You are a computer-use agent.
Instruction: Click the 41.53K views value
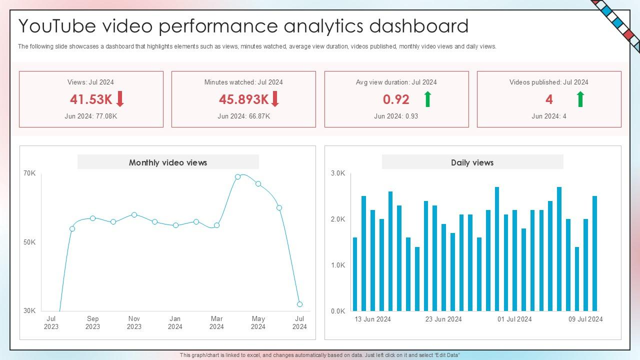(x=91, y=99)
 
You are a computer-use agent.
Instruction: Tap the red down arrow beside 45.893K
(x=275, y=99)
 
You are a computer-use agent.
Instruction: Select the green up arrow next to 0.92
(x=427, y=99)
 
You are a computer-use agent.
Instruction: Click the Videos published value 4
(x=549, y=99)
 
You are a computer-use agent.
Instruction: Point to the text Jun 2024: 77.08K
(x=91, y=116)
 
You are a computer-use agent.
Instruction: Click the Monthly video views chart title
(x=168, y=162)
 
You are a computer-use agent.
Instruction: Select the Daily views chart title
(x=472, y=162)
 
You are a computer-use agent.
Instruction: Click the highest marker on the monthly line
(x=238, y=177)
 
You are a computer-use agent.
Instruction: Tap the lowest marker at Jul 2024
(x=299, y=304)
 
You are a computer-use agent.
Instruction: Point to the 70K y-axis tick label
(x=29, y=173)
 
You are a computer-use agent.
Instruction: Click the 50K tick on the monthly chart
(x=29, y=242)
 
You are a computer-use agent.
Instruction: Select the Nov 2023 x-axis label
(x=134, y=322)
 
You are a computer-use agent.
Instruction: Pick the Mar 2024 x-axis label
(x=216, y=322)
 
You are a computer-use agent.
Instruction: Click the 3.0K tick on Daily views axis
(x=338, y=173)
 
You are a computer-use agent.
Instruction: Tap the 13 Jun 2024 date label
(x=373, y=319)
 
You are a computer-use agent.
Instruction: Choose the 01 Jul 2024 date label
(x=514, y=319)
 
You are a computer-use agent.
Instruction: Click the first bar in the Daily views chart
(x=355, y=274)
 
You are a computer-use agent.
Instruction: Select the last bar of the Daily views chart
(x=594, y=253)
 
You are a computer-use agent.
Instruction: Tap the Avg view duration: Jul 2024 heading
(x=396, y=82)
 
